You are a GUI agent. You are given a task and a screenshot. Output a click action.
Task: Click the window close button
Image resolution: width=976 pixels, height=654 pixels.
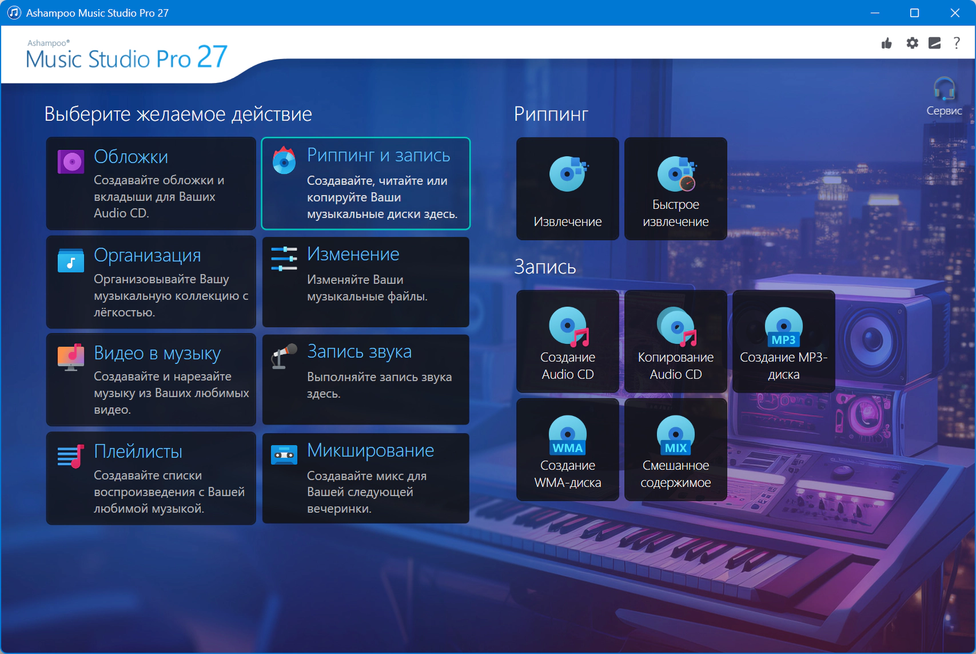coord(955,13)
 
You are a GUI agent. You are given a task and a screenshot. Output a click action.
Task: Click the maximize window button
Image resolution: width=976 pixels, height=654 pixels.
coord(915,13)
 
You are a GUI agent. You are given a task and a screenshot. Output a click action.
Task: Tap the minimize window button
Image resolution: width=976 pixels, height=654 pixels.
coord(875,13)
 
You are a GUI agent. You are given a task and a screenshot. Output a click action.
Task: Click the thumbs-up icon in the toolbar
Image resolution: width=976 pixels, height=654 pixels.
coord(886,43)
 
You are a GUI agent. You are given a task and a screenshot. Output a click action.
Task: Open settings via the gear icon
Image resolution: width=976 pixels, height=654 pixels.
coord(912,43)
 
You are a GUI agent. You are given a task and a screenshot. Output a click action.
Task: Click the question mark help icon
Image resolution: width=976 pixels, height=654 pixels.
coord(957,43)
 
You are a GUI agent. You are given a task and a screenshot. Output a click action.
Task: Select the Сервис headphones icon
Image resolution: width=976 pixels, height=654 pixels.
coord(944,89)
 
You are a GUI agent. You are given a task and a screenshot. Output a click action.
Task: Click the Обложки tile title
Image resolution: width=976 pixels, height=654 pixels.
coord(131,157)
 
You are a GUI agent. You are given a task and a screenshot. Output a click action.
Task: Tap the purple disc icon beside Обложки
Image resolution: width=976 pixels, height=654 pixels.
coord(70,162)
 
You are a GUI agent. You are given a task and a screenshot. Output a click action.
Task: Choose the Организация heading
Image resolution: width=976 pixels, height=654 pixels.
coord(148,255)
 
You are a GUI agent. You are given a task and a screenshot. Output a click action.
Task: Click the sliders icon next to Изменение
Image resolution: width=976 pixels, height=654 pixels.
coord(284,259)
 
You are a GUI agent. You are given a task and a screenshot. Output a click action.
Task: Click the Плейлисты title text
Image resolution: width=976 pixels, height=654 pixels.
coord(138,451)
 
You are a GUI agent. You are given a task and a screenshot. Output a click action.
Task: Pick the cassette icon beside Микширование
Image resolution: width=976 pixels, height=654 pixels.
coord(284,455)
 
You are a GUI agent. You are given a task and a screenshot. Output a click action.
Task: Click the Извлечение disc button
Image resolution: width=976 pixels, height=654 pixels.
coord(567,189)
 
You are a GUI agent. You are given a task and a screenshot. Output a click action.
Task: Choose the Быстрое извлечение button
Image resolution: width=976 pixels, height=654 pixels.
coord(675,189)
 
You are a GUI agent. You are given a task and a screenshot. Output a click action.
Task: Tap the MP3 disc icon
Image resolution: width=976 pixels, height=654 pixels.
coord(783,327)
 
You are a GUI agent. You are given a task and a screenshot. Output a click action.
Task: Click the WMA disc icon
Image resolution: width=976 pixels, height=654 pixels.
coord(567,435)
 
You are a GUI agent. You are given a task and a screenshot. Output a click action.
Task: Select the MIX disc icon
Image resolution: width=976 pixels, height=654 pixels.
coord(675,435)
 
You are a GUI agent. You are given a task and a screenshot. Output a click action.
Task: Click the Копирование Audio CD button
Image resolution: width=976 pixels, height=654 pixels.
coord(675,342)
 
